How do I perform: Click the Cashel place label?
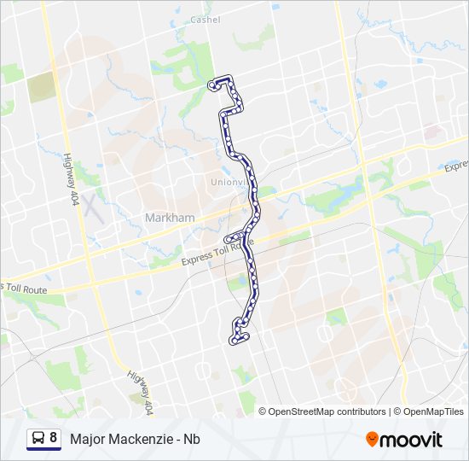coord(206,20)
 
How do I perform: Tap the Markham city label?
coord(170,218)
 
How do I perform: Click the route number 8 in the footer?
coord(54,438)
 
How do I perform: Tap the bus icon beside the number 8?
coord(38,439)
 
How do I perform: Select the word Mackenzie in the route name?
coord(144,439)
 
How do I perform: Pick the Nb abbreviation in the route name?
coord(193,439)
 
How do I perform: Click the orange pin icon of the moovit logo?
coord(372,439)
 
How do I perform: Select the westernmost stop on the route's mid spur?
coord(227,240)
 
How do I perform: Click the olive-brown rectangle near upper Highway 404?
coord(39,89)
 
